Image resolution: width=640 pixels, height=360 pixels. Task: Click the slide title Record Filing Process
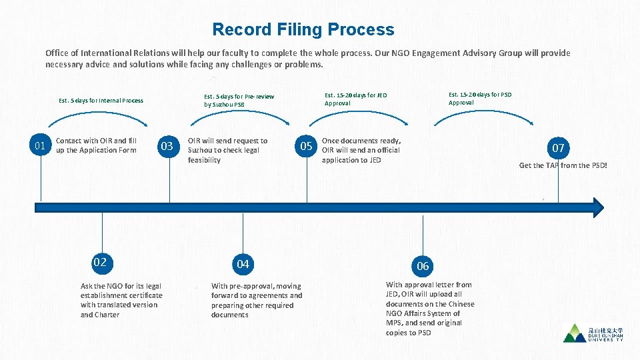coord(303,29)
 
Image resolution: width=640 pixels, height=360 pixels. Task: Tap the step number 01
coord(41,145)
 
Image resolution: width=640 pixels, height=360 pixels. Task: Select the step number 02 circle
coord(100,262)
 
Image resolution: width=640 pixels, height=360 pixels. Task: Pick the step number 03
coord(167,145)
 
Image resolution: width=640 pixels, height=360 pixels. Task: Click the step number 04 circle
coord(243,264)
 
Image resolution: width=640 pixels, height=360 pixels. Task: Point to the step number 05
coord(306,146)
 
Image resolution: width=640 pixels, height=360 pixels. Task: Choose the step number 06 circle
coord(423,266)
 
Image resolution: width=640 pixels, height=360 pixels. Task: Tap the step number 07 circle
coord(557,147)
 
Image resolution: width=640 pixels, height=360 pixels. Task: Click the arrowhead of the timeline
coord(597,208)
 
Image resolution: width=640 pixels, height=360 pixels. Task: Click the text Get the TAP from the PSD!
coord(563,165)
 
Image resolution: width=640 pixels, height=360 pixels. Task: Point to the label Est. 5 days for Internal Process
coord(101,101)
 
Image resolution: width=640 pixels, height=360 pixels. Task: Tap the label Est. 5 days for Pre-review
coord(239,100)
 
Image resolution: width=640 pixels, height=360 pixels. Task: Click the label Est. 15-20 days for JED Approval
coord(355,99)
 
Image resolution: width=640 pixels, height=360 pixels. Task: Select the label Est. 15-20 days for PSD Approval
coord(480,98)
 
